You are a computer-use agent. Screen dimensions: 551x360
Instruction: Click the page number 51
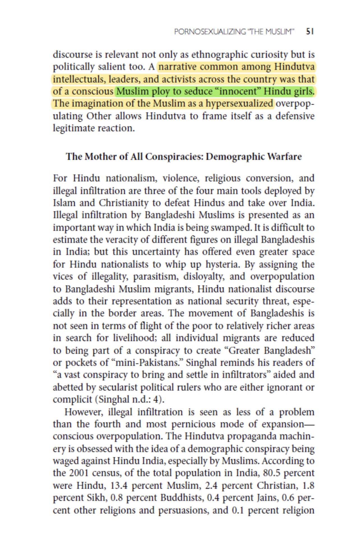point(310,31)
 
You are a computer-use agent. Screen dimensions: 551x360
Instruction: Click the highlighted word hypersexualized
point(239,103)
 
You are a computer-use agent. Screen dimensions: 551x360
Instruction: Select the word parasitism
point(156,276)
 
